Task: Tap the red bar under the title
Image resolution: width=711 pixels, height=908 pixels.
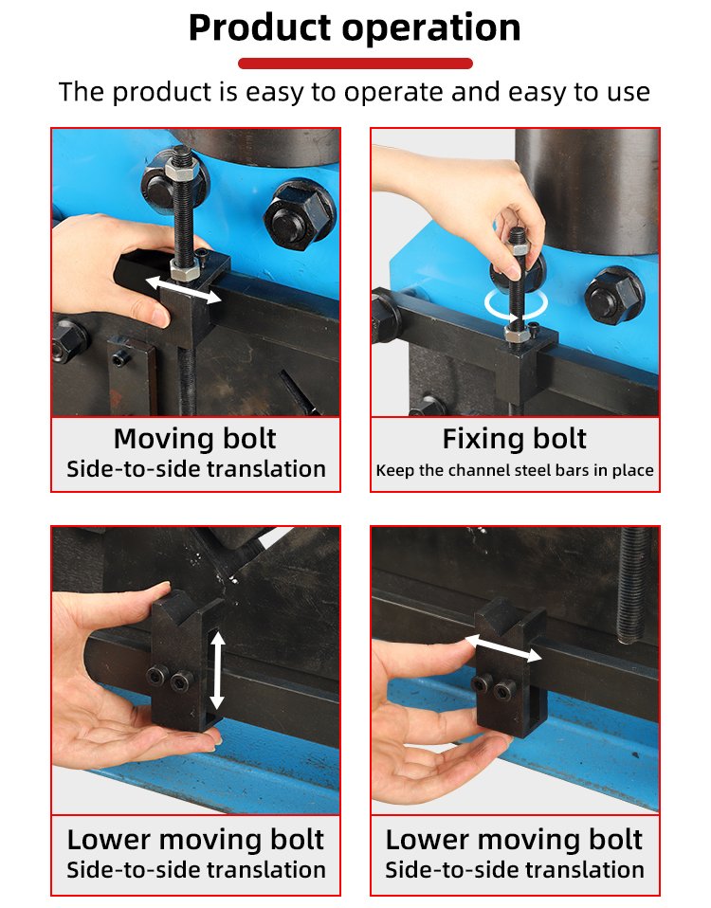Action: pos(355,64)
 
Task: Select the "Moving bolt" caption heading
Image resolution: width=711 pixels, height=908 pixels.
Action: pos(195,439)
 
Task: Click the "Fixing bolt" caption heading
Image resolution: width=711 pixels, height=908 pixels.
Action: pos(515,439)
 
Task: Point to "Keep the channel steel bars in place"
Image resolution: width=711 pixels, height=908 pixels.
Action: pos(515,470)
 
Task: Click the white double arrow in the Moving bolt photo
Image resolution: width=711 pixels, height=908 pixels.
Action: pos(183,289)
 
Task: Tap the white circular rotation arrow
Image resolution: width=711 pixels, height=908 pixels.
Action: pos(516,304)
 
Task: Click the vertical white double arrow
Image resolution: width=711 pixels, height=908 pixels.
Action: pos(217,670)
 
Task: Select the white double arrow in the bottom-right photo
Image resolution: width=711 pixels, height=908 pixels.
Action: pos(503,648)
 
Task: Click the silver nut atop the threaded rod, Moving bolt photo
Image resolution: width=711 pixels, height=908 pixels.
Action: pos(182,171)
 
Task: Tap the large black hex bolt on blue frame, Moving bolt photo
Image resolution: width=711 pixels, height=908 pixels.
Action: pos(300,215)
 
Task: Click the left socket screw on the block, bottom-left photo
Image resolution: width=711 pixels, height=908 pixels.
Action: pos(157,675)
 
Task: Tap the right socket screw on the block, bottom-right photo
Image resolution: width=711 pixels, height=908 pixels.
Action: pos(505,690)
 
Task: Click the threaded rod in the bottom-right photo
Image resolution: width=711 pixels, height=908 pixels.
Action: pos(633,585)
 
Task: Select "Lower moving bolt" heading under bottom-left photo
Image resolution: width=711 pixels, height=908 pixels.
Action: pos(195,839)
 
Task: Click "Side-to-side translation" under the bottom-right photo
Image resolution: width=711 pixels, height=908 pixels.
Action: pos(515,870)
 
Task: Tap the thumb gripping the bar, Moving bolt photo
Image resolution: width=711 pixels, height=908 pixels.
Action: pos(145,301)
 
